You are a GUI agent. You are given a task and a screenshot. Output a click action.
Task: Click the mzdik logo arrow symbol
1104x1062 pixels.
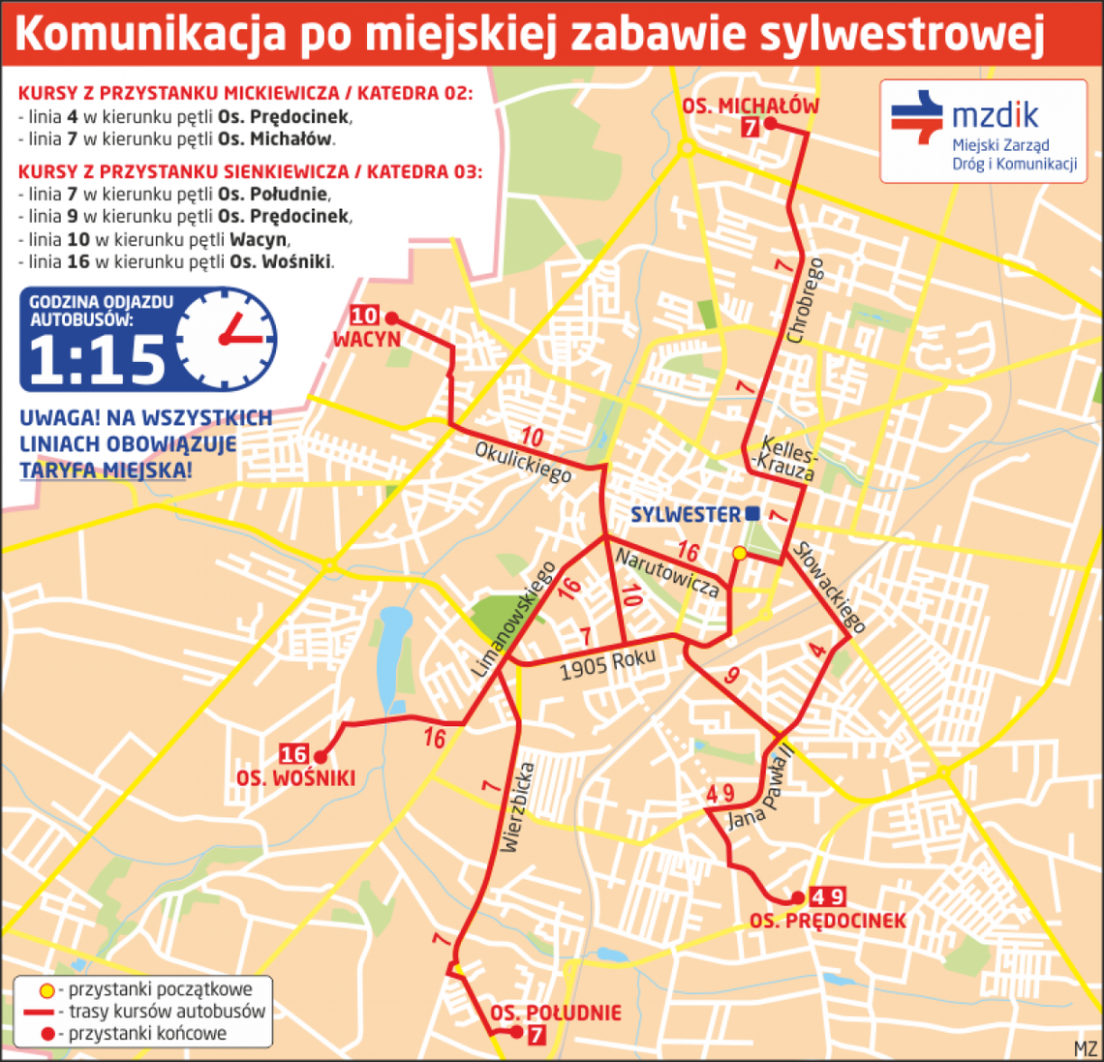(916, 116)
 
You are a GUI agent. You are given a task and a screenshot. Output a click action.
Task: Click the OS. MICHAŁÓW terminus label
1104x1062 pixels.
(751, 106)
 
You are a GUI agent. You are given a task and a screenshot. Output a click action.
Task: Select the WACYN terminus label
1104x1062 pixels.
(366, 339)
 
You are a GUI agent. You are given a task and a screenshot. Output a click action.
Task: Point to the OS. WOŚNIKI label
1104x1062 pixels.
(295, 778)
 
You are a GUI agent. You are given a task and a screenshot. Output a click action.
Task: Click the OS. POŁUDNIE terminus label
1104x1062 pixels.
(555, 1013)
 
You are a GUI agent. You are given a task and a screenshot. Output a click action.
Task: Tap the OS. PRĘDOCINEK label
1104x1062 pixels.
(827, 920)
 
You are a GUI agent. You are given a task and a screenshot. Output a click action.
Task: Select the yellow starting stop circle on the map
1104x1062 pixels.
(739, 553)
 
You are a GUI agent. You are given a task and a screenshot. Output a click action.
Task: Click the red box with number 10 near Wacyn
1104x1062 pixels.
(365, 316)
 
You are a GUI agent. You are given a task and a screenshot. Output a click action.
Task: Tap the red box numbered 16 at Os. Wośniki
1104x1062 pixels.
(293, 754)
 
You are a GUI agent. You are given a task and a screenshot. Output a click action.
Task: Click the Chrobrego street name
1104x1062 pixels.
(806, 300)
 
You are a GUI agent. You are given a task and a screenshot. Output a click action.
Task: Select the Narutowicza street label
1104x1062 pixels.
(667, 572)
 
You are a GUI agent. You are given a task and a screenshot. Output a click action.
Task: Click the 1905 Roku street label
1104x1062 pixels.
(608, 664)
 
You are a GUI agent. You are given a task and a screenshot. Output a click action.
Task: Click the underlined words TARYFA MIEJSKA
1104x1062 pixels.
(105, 470)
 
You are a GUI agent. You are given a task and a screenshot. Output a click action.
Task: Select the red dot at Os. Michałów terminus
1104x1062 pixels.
(770, 123)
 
